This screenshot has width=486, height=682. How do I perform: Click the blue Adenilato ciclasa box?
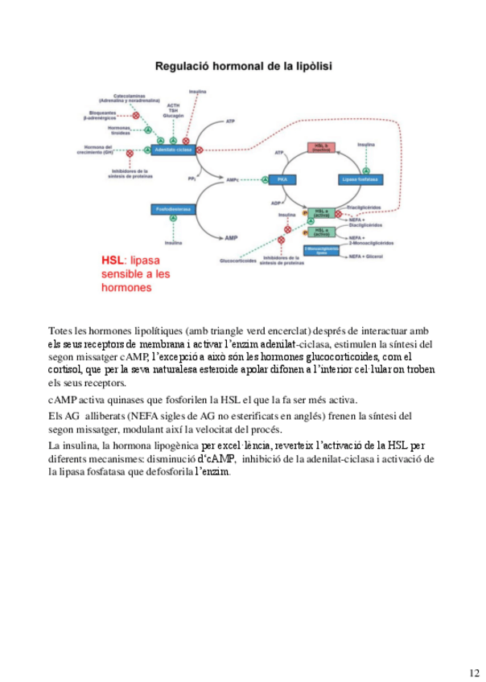click(x=173, y=150)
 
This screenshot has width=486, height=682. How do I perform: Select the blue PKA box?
click(x=282, y=179)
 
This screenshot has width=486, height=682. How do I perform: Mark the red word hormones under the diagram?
click(x=127, y=286)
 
